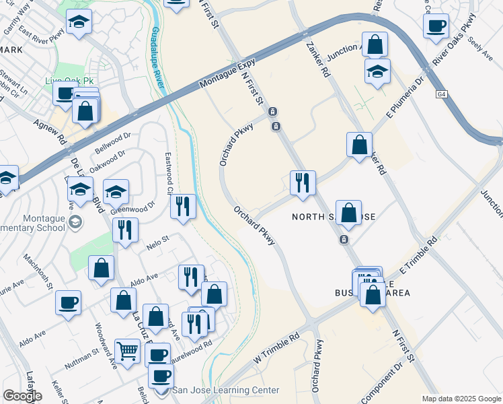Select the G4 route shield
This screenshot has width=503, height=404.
pos(441,94)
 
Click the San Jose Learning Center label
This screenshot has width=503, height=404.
pos(225,390)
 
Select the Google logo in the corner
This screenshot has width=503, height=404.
pos(22,396)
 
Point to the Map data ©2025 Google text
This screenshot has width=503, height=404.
pos(461,399)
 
